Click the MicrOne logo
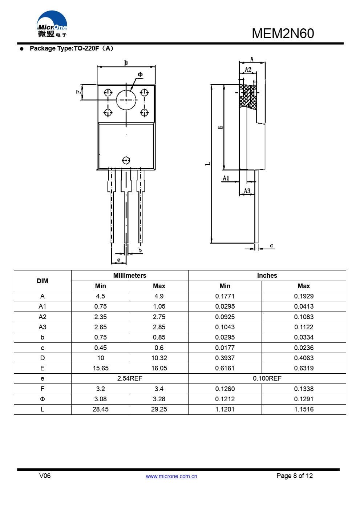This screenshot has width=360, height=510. [52, 24]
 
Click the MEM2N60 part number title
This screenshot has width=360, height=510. [283, 33]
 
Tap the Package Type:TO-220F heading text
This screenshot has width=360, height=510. [71, 48]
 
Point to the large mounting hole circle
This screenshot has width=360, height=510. [126, 100]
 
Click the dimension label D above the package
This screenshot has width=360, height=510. [126, 63]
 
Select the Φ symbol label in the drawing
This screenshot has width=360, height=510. [140, 75]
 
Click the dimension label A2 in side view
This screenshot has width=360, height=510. [248, 69]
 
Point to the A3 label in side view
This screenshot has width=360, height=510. [247, 191]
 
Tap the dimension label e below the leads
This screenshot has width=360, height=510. [119, 260]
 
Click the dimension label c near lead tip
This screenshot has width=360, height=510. [271, 246]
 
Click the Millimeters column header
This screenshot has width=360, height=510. [130, 276]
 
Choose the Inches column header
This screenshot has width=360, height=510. [267, 276]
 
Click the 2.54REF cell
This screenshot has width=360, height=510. [130, 378]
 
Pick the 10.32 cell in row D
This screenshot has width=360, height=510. [159, 358]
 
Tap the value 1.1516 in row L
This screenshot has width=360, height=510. [304, 409]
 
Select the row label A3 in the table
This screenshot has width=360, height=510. [43, 327]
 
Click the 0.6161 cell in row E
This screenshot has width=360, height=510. [225, 368]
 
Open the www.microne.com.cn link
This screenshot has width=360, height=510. [171, 476]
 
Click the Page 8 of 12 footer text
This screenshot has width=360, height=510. [294, 476]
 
